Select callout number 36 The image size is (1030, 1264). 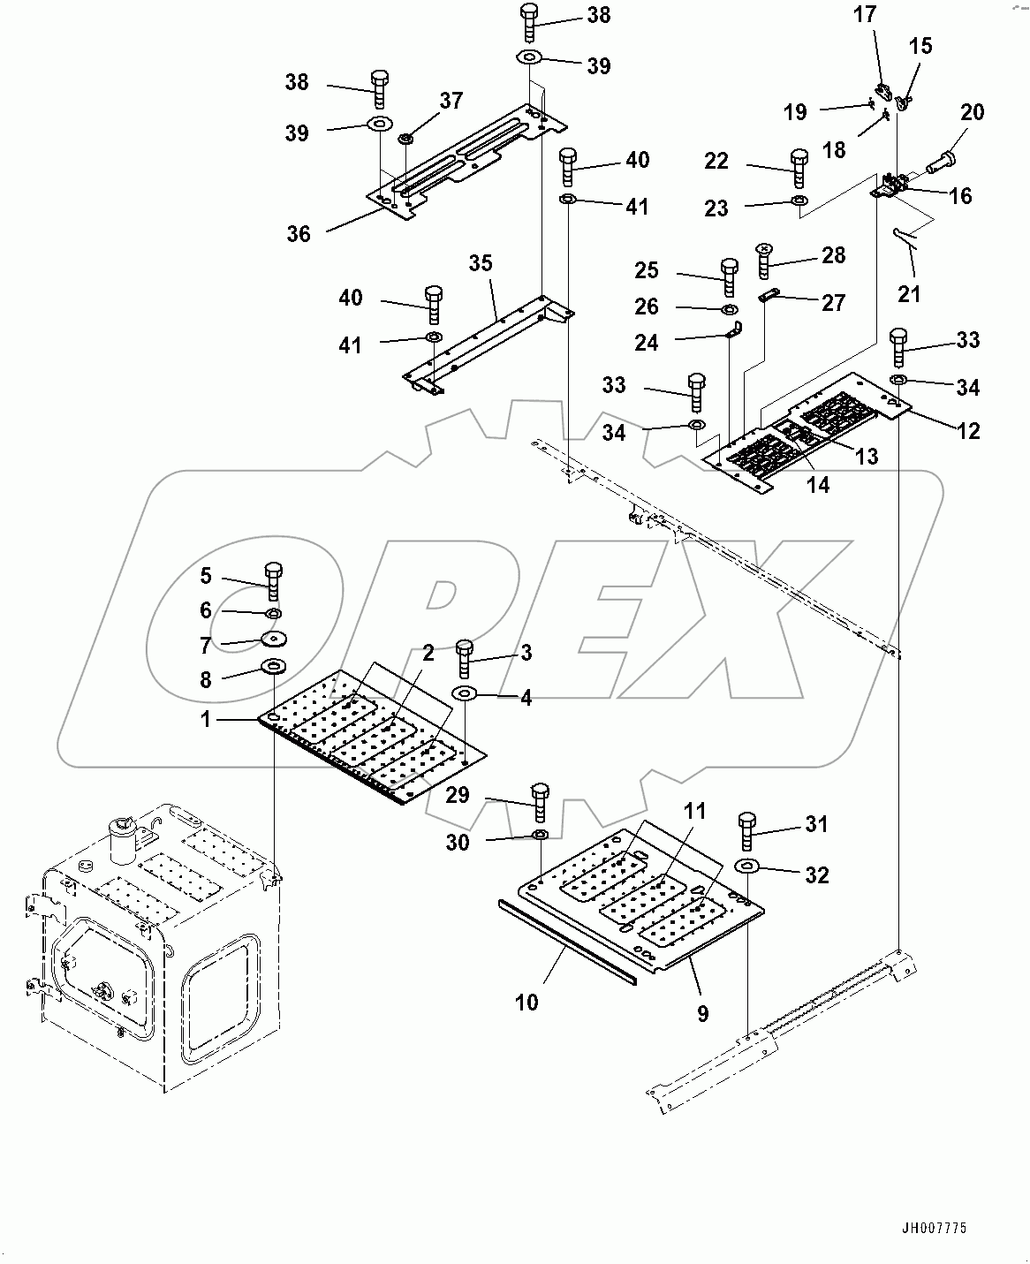[x=299, y=233]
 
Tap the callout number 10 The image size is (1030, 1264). [x=526, y=1002]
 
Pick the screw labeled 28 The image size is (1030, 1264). [x=764, y=261]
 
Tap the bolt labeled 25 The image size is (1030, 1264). [x=730, y=276]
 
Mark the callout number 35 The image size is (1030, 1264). [x=481, y=263]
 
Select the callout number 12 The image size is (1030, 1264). [x=969, y=430]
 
